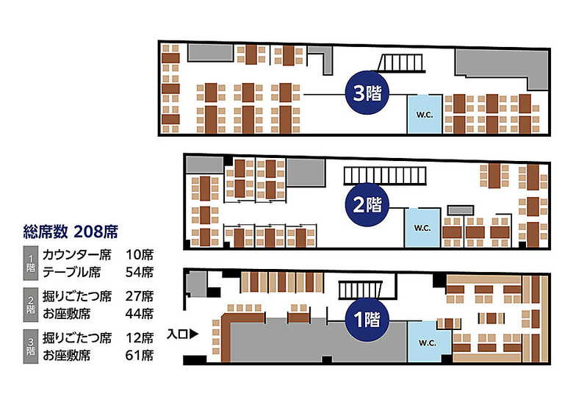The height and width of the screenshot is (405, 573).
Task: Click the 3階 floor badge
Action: [367, 93]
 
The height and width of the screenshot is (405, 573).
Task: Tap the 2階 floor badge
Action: [367, 204]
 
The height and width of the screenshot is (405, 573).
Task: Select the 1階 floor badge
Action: [367, 320]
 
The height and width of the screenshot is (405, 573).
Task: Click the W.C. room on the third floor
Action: [425, 114]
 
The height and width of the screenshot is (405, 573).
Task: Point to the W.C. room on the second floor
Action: [422, 228]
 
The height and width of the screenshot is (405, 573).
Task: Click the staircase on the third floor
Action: [402, 63]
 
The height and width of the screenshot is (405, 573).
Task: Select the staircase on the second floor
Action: [385, 176]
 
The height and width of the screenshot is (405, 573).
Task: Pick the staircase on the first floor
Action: [359, 290]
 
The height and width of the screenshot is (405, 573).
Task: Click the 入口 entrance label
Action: [177, 334]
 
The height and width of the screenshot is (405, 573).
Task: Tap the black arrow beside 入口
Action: [194, 334]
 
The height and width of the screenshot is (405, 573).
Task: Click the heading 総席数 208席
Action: [71, 232]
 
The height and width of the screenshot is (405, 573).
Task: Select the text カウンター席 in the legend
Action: [76, 255]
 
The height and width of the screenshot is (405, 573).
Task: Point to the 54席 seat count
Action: [140, 272]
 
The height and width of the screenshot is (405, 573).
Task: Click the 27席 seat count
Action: [140, 296]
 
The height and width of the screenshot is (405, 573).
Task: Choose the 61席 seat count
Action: [140, 355]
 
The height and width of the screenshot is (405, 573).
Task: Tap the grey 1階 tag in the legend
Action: [31, 263]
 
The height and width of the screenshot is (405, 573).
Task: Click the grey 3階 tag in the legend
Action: [31, 346]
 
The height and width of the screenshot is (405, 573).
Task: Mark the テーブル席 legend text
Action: [72, 272]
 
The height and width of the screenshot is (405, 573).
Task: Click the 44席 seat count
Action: [140, 314]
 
